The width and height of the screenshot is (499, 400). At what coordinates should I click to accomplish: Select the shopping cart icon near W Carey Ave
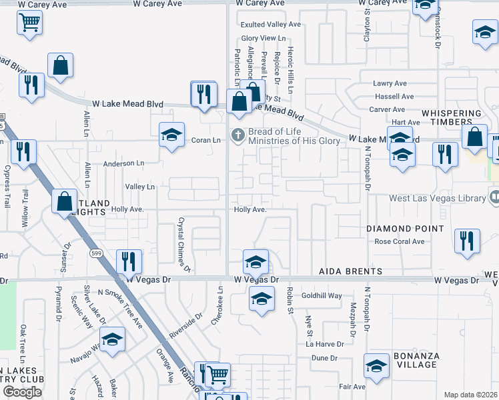point(29,22)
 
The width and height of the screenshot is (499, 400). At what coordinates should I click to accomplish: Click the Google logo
point(22,391)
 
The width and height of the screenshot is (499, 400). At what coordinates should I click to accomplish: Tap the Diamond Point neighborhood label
point(405,229)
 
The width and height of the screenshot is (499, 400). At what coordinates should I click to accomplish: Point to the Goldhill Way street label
point(322,295)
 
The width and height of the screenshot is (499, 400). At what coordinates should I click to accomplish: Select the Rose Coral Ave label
point(400,241)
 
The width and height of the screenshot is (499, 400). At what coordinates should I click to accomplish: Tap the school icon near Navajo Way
point(112,339)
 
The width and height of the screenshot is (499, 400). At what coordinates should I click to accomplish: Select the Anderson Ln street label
point(123,163)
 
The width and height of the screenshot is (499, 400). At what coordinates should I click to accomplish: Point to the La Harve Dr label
point(325,345)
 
